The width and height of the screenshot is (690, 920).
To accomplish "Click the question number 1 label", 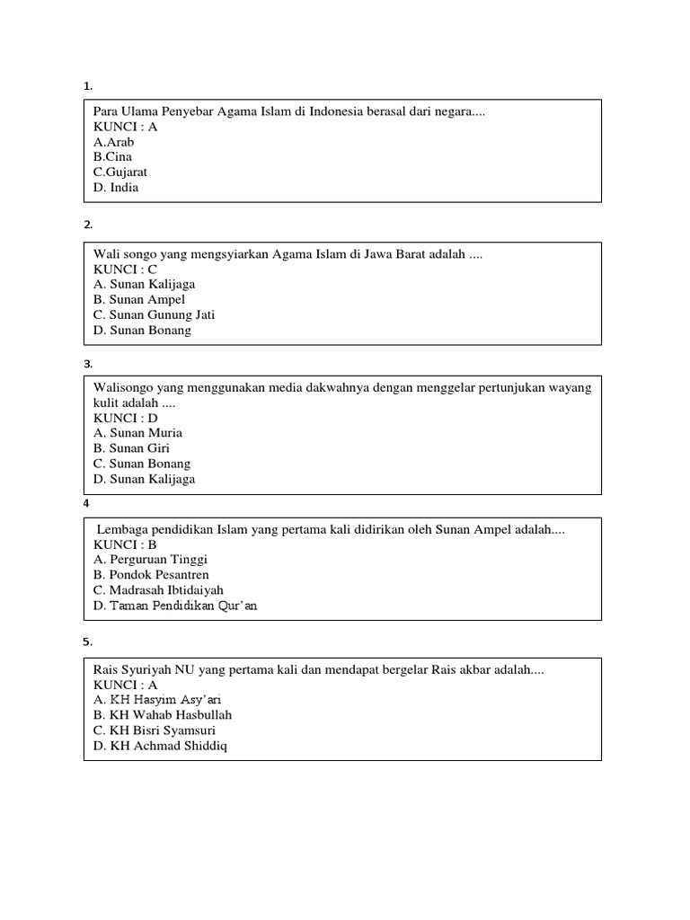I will (x=87, y=86).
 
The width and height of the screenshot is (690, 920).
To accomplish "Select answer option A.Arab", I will (x=114, y=142).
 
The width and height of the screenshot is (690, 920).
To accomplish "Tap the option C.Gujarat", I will (x=120, y=172).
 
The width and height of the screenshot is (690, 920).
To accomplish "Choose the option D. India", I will (x=116, y=187).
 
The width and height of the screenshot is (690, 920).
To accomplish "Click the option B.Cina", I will (x=112, y=156).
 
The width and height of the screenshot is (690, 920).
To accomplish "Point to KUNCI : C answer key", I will (x=126, y=269).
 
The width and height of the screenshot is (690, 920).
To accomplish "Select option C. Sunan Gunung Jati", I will (x=154, y=314).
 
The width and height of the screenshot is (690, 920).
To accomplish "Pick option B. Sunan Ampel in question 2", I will (x=139, y=299).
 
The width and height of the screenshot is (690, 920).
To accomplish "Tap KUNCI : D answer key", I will (x=126, y=418).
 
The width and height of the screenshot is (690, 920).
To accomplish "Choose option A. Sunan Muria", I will (x=137, y=432).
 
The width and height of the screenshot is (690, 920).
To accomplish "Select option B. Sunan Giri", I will (x=131, y=447).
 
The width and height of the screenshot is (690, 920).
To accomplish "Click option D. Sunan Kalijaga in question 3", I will (x=144, y=479).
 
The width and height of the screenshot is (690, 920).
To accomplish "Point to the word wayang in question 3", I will (x=571, y=387).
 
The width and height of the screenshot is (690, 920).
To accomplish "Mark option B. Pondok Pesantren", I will (x=151, y=574).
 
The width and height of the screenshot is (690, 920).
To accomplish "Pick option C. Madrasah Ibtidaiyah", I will (x=158, y=589).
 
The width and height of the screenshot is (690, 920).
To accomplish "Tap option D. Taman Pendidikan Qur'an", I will (x=175, y=605).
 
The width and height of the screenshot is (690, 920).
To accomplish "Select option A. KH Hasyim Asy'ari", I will (x=157, y=699).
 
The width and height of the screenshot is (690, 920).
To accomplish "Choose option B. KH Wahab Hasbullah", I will (x=163, y=714).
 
